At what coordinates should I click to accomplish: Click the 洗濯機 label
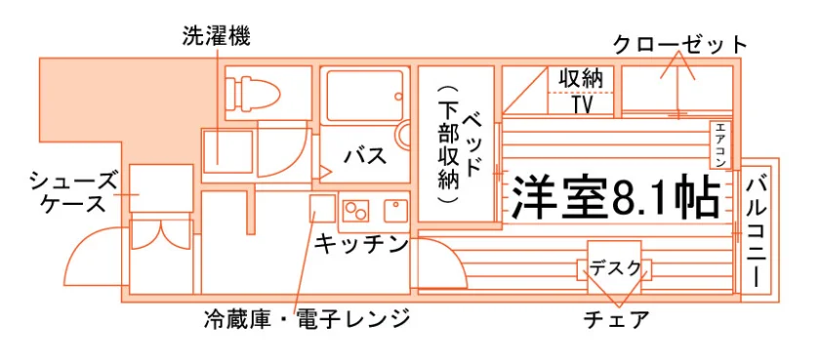point(217,36)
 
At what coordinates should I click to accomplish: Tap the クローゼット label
point(680,45)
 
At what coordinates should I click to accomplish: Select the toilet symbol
point(253,93)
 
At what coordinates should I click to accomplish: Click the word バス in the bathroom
point(365,155)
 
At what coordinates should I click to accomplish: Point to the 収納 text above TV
point(581,79)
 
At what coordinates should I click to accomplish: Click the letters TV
point(582,105)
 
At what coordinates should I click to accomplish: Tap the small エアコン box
point(720,144)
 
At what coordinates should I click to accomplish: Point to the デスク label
point(614,268)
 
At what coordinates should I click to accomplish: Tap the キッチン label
point(361,244)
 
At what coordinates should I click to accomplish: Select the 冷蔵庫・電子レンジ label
point(307,318)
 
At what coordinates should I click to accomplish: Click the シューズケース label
point(73,192)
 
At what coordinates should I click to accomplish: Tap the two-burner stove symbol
point(355,210)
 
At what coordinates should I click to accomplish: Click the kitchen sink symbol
point(396,210)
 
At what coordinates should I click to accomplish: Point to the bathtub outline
point(365,96)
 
